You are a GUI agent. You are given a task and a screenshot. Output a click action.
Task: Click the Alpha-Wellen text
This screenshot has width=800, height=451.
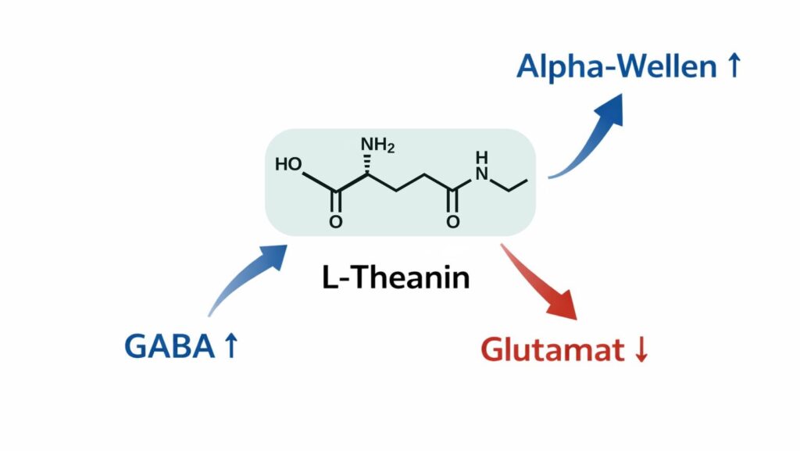click(x=616, y=67)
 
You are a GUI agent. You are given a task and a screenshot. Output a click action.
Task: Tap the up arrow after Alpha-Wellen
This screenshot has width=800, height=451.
click(x=732, y=67)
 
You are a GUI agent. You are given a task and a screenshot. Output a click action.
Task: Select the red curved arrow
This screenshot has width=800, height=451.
click(x=539, y=281)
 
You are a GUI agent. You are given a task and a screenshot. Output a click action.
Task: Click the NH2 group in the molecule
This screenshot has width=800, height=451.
click(x=377, y=146)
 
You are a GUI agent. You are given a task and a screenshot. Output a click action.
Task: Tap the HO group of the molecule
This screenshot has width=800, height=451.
click(x=288, y=165)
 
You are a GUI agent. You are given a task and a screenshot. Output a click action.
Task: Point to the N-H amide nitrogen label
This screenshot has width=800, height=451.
click(x=480, y=166)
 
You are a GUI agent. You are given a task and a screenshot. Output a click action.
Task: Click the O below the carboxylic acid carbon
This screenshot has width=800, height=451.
click(x=335, y=223)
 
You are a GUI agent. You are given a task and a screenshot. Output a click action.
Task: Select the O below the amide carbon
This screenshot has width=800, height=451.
click(x=452, y=223)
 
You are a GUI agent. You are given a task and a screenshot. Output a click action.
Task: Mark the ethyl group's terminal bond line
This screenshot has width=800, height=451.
click(x=517, y=185)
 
